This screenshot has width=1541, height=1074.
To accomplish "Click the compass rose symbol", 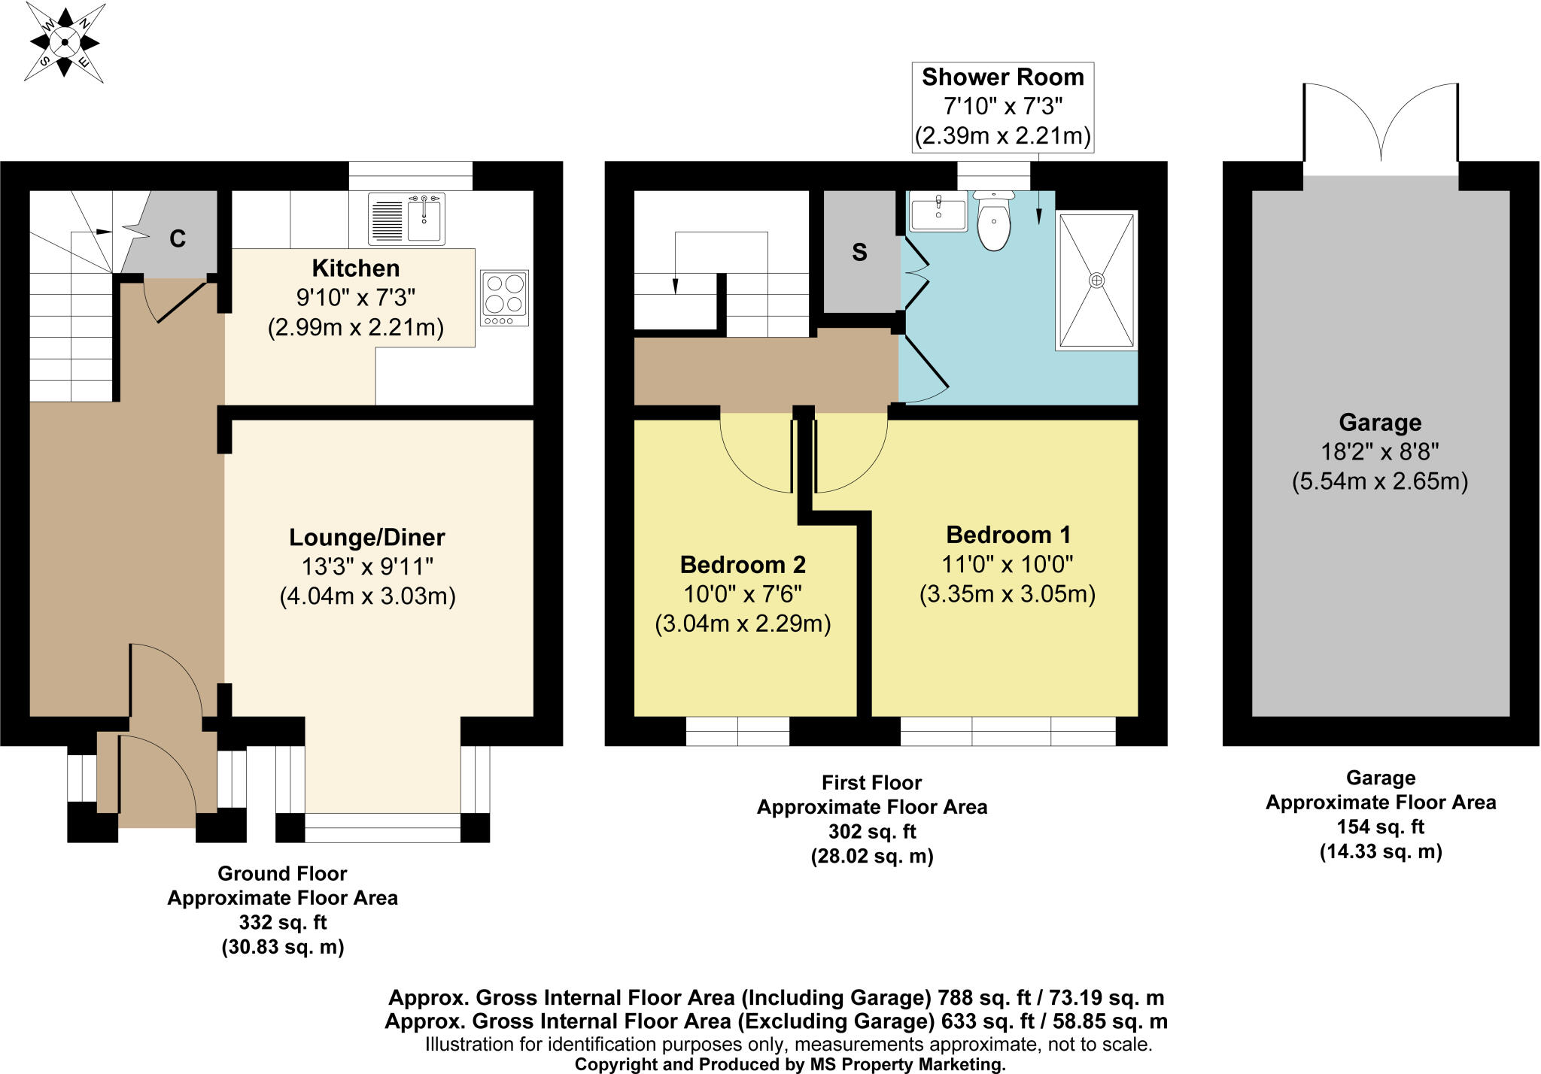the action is (65, 42).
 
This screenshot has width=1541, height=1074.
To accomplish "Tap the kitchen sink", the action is (406, 219).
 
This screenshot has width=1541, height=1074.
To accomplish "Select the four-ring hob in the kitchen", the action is (505, 298).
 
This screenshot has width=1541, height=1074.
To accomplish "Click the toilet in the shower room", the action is (994, 220).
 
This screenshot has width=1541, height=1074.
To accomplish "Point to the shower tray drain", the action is (1097, 281).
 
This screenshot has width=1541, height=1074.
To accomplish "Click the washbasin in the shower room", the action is (938, 211).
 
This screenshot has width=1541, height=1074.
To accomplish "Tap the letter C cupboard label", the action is (178, 238).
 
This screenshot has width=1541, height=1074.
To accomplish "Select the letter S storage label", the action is (859, 252).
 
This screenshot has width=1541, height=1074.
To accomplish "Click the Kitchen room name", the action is (356, 268).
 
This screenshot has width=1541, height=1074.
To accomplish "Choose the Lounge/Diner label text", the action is (367, 537).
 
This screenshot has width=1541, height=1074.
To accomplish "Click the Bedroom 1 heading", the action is (1008, 535).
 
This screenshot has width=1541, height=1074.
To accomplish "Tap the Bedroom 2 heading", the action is (743, 564).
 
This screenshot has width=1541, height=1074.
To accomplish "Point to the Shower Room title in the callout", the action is (1003, 77).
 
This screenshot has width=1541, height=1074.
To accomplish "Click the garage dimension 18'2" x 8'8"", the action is (1380, 451).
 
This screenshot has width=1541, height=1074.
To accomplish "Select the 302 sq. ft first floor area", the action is (872, 831).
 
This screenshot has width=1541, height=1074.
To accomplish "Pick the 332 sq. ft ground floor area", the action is (283, 922).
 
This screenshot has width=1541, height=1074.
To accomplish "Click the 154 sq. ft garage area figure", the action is (1381, 827).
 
